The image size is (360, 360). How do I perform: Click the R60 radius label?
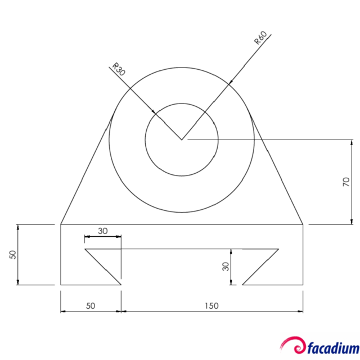click(260, 38)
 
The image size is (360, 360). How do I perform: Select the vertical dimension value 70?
click(346, 181)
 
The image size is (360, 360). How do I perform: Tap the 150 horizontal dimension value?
click(211, 305)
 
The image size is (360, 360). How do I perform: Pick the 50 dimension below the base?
click(91, 305)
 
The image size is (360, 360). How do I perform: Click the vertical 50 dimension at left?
click(12, 254)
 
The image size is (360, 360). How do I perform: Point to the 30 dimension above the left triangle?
click(103, 231)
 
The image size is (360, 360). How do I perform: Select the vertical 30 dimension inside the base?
click(225, 266)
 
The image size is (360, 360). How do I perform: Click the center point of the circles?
click(182, 139)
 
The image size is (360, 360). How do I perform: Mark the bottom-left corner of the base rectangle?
click(61, 285)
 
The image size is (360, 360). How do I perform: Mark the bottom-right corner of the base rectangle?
click(303, 285)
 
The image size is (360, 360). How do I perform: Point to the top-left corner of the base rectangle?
click(61, 224)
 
